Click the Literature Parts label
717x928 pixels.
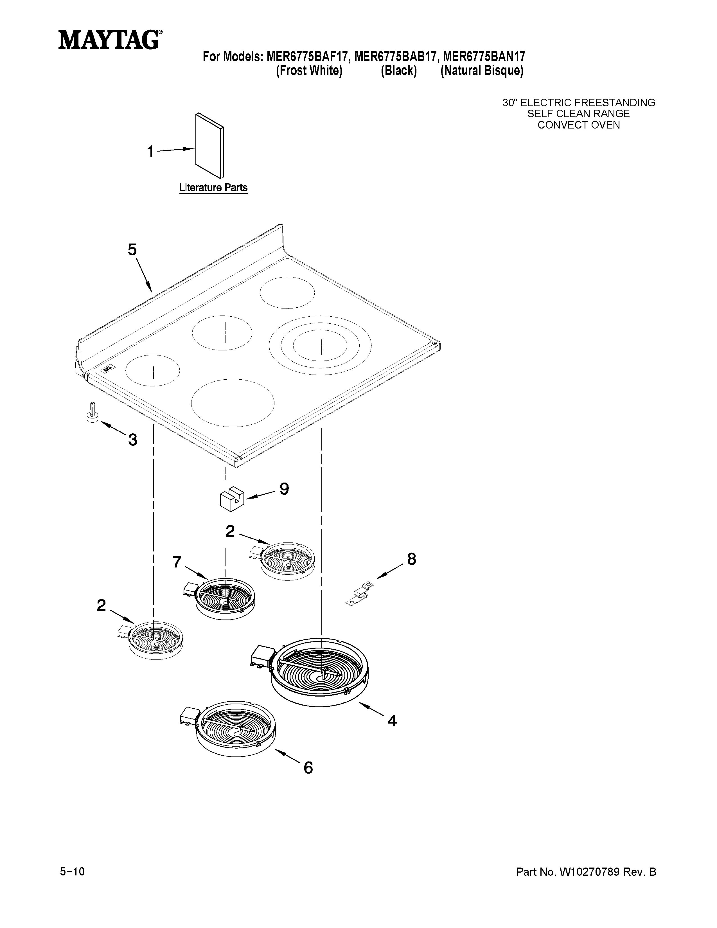coord(213,187)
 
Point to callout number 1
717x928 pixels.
coord(150,152)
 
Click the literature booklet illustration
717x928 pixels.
coord(209,145)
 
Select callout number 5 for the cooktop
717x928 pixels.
coord(132,250)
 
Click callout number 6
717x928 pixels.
coord(308,767)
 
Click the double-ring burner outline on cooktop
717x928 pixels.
coord(320,345)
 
